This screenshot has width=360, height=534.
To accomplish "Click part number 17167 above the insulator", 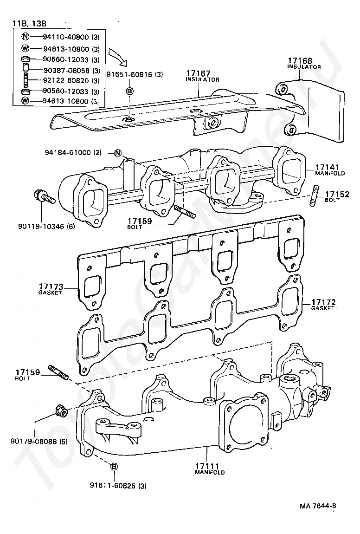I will click(199, 73).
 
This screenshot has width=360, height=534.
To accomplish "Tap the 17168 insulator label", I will click(299, 61).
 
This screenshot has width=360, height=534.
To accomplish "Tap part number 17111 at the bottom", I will click(206, 466).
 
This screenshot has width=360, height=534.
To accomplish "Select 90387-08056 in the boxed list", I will click(66, 70).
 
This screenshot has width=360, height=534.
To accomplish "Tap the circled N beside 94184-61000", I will click(117, 153).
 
